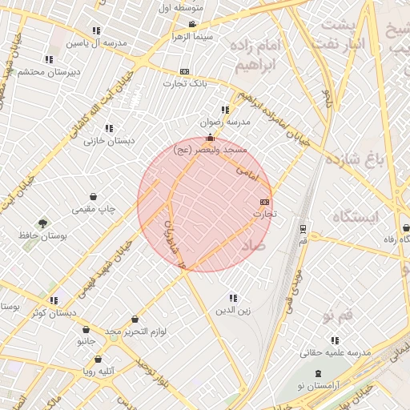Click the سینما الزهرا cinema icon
191,25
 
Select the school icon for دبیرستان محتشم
49,59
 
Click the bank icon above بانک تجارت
185,71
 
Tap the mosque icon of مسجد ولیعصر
210,138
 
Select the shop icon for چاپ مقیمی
93,196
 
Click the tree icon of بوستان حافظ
42,223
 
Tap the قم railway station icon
302,228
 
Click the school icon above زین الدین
233,298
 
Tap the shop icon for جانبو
86,329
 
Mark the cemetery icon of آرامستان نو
320,374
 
